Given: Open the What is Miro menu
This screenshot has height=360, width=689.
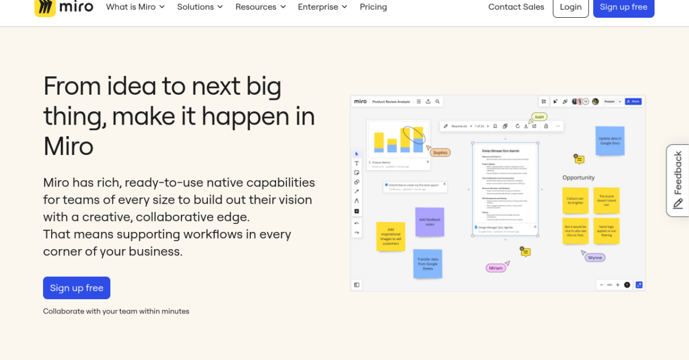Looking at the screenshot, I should click(136, 7).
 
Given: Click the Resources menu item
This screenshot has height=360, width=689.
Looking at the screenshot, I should click(261, 7).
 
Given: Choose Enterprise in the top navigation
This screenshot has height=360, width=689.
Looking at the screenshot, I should click(322, 7).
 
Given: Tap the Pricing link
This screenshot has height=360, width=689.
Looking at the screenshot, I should click(373, 7).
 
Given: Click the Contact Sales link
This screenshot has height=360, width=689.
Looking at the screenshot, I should click(516, 7).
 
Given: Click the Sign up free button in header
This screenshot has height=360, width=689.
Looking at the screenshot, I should click(623, 7).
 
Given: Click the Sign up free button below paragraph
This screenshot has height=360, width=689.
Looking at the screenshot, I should click(76, 288).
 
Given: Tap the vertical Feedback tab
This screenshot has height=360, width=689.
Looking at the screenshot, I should click(678, 180).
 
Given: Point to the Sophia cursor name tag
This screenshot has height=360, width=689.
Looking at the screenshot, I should click(440, 153).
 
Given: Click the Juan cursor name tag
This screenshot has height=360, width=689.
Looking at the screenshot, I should click(539, 117).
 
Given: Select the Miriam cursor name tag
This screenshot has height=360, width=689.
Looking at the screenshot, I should click(495, 268).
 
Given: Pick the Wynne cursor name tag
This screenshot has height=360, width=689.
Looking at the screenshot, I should click(595, 258).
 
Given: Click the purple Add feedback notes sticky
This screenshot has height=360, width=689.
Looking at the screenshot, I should click(429, 222).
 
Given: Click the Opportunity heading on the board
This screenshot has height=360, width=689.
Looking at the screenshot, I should click(578, 177).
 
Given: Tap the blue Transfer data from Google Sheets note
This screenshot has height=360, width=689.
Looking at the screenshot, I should click(428, 264).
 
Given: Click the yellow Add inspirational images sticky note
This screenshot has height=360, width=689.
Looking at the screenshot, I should click(390, 237).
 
